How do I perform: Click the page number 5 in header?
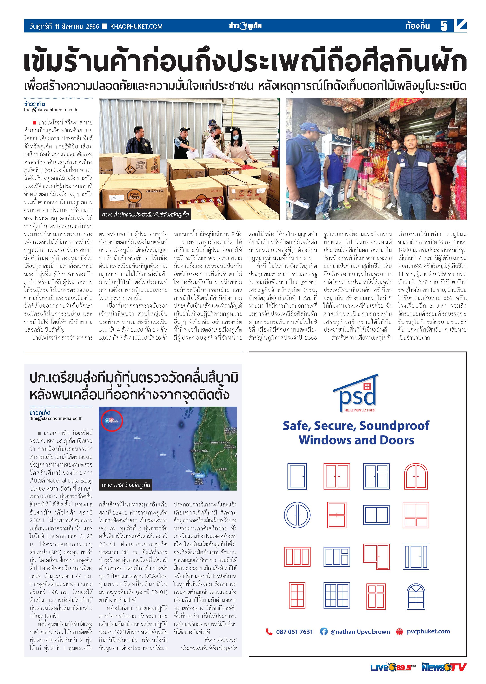[x=444, y=26]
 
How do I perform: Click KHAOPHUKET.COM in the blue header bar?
[x=136, y=26]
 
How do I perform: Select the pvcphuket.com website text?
[x=428, y=631]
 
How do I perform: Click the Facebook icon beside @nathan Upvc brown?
[x=324, y=631]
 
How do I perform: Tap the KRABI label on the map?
[x=223, y=469]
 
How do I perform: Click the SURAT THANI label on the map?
[x=220, y=442]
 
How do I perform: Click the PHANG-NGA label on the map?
[x=199, y=451]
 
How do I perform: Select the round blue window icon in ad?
[x=297, y=515]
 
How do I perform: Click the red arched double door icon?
[x=416, y=476]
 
